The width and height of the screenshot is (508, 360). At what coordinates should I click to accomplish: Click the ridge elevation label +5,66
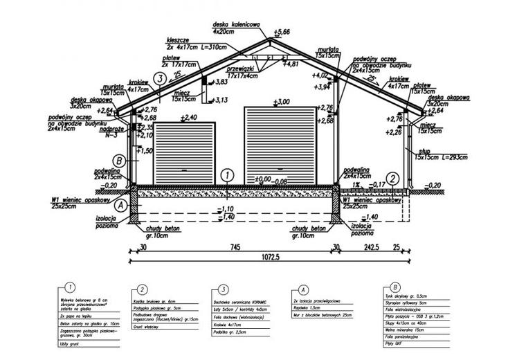coord(283,33)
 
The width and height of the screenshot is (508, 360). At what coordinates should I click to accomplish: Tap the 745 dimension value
coord(235,246)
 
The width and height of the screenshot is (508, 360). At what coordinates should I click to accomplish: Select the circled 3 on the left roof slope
coord(159,79)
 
